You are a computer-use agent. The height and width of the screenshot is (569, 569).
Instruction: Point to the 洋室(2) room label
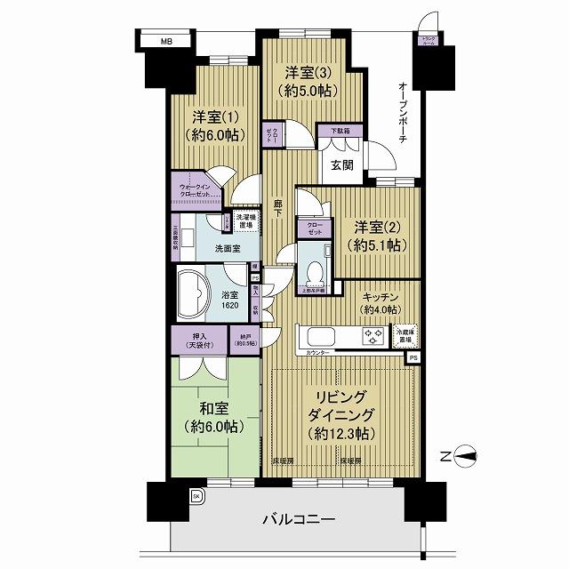(x=367, y=227)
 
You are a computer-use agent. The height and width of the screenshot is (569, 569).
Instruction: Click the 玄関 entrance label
(x=343, y=165)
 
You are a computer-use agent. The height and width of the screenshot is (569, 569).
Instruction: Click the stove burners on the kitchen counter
(x=370, y=336)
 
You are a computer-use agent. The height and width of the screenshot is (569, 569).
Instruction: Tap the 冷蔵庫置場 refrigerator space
(x=404, y=336)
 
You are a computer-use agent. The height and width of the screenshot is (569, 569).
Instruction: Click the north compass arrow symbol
(x=467, y=459)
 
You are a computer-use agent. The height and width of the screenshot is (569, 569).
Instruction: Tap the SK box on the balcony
(x=196, y=495)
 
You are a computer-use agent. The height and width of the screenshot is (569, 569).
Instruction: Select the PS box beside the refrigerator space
(x=413, y=357)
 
